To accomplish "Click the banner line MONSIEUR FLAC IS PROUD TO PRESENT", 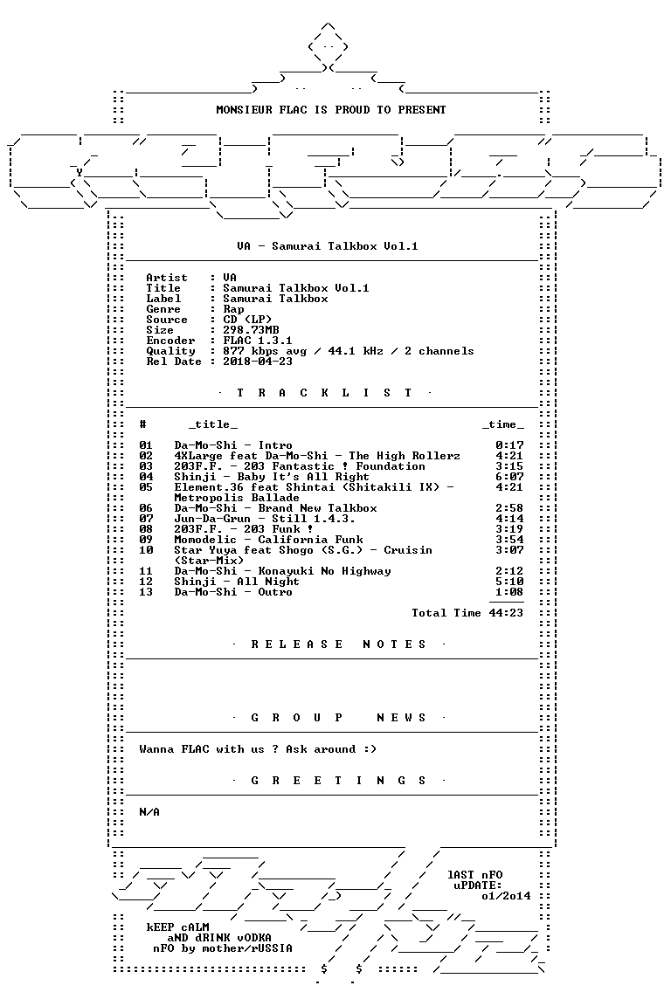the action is [x=330, y=110].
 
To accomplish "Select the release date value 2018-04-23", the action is [x=258, y=362].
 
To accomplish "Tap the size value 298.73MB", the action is [x=251, y=330].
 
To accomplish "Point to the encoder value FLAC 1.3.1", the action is [x=258, y=341].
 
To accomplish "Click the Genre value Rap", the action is [x=233, y=309].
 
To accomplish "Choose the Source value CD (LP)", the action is [x=247, y=320].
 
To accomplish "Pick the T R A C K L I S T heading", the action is [x=324, y=393].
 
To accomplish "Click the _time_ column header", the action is [x=502, y=424].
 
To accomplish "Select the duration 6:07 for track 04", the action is [x=509, y=477].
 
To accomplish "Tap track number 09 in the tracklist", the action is [x=146, y=540].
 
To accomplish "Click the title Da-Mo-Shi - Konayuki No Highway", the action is [x=282, y=571].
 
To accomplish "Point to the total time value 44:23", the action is [x=506, y=613].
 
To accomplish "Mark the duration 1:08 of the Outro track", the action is [x=509, y=592].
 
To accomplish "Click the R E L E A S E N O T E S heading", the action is [x=338, y=644].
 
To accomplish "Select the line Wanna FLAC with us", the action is [x=258, y=749].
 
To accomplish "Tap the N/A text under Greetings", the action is [x=149, y=812].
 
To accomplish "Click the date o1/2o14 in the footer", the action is [x=506, y=896].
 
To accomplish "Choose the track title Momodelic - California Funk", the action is [x=268, y=540].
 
